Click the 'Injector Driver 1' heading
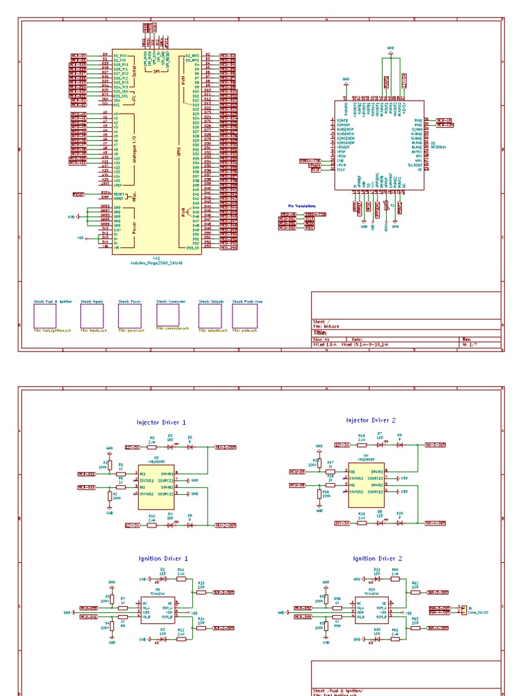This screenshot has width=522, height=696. click(x=160, y=422)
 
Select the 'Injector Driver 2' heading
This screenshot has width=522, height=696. click(x=370, y=421)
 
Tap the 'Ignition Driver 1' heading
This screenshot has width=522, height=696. click(x=163, y=558)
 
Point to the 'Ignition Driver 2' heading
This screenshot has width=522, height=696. click(x=378, y=558)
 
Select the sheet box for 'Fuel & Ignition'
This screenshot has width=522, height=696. click(x=45, y=315)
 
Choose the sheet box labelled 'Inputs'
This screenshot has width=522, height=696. click(x=92, y=315)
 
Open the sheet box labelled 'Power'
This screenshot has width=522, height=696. click(x=129, y=315)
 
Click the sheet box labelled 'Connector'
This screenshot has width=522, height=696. click(x=167, y=315)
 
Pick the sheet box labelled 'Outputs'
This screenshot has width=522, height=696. click(x=210, y=315)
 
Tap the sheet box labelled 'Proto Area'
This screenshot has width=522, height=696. click(x=245, y=315)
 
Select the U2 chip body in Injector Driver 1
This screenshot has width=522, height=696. click(x=156, y=487)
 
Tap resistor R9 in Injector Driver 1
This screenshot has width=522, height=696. click(x=152, y=447)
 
